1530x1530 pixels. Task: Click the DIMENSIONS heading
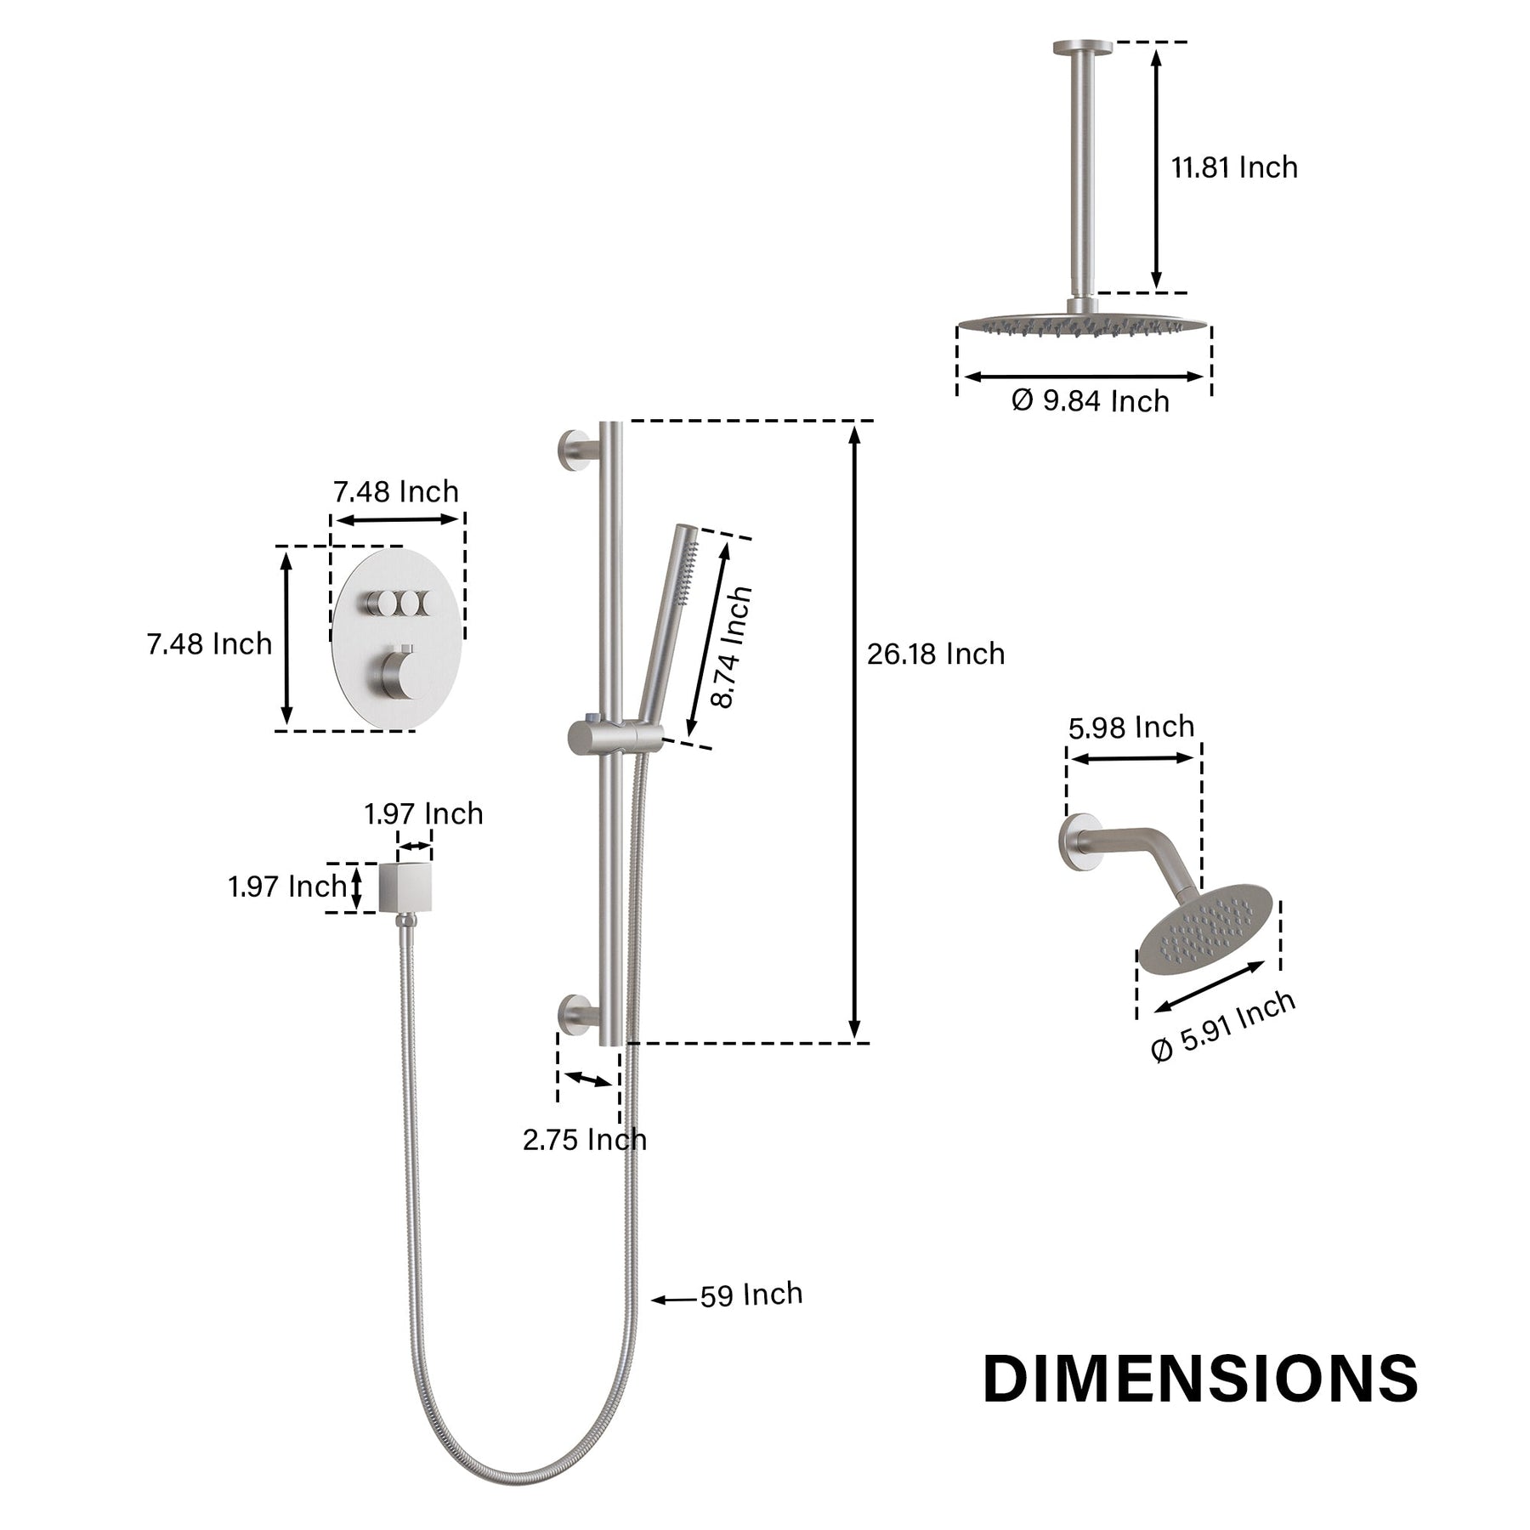click(1201, 1379)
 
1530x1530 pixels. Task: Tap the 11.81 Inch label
click(1235, 167)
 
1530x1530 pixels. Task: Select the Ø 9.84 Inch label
click(1091, 400)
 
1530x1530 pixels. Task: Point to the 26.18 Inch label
click(936, 654)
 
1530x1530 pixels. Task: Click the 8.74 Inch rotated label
click(732, 647)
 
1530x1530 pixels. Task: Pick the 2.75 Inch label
click(585, 1140)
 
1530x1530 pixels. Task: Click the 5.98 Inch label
click(1131, 728)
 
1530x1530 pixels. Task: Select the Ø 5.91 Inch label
click(1223, 1026)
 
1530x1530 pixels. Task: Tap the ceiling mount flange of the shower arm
click(1083, 47)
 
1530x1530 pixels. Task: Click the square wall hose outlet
click(406, 886)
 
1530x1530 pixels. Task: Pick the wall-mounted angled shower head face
click(1205, 931)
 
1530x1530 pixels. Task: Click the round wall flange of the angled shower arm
click(1074, 843)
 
